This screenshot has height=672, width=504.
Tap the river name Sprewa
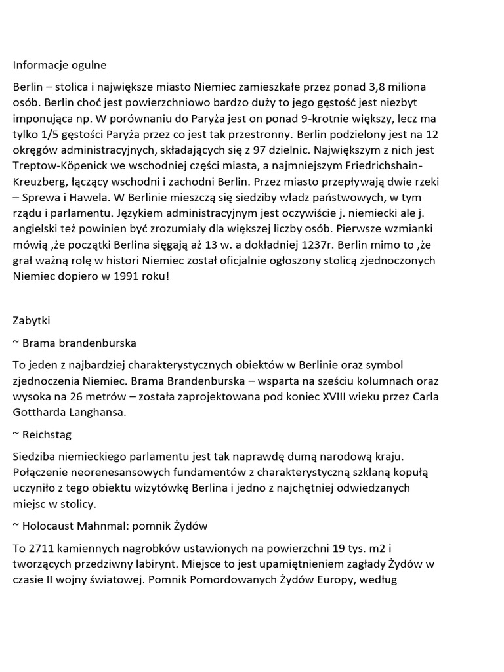point(39,197)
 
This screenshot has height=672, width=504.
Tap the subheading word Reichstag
point(47,434)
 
